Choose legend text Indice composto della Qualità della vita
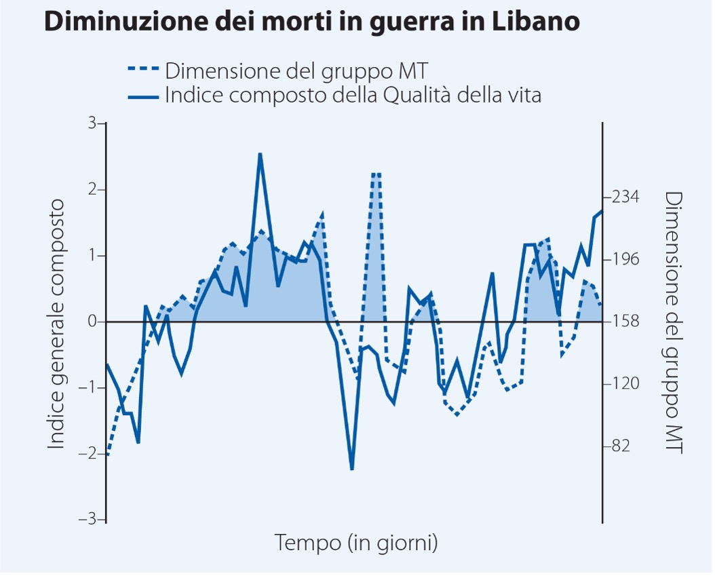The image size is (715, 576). click(353, 96)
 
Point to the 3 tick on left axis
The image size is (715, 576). click(93, 123)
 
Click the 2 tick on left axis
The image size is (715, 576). click(93, 189)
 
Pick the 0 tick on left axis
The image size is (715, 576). click(93, 322)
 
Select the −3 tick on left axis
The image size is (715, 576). click(90, 520)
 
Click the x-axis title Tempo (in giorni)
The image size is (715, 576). click(355, 542)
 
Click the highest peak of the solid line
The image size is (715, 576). click(260, 154)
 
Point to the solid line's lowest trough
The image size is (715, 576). click(352, 469)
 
